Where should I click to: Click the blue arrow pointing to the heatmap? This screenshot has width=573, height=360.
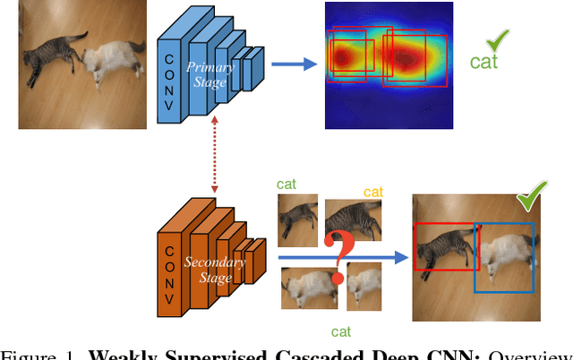coord(294,63)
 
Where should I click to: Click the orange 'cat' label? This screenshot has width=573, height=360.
coord(372,192)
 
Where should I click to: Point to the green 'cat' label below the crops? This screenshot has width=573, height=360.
coord(340,331)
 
